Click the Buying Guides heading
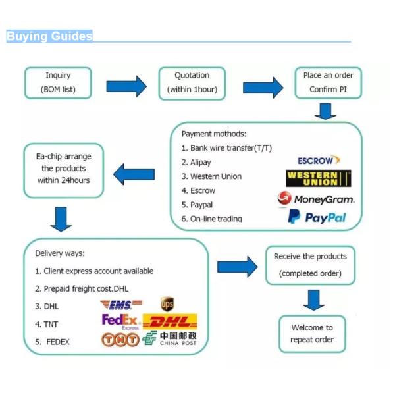(49, 37)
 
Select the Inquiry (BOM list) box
(58, 82)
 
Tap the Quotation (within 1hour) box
(192, 82)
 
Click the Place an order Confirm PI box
(328, 82)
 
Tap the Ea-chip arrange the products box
(64, 170)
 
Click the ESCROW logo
(319, 160)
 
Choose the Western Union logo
(318, 178)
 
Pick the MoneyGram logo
(316, 198)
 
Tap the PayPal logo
(317, 217)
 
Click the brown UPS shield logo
(167, 304)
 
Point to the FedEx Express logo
(121, 321)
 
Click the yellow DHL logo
(170, 322)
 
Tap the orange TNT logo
(120, 340)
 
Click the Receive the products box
(310, 265)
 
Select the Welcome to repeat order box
(311, 333)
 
